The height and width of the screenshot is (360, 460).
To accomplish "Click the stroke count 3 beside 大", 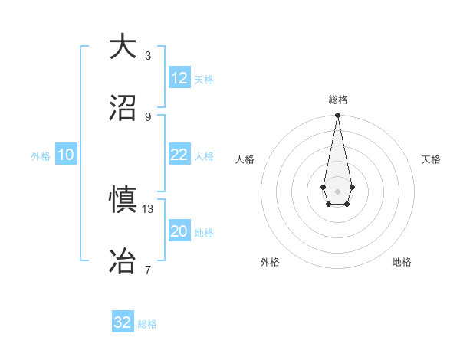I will [x=148, y=56].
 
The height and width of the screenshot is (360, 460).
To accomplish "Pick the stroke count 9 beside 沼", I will [x=148, y=116].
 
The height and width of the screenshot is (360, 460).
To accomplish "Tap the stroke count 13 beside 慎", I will [x=148, y=208].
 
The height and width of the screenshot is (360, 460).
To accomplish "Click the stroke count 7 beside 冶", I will [x=148, y=270].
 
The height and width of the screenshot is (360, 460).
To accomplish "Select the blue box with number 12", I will [x=179, y=78].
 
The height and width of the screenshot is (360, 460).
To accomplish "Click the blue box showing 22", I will [x=179, y=155].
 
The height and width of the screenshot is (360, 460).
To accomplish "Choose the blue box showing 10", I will [x=66, y=155].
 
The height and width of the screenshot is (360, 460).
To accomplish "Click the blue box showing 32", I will [x=123, y=322].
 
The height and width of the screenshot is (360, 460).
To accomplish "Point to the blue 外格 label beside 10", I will [x=41, y=156].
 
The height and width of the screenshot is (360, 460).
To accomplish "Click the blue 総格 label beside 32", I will [x=148, y=324].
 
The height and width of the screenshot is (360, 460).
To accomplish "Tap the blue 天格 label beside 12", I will [x=204, y=80].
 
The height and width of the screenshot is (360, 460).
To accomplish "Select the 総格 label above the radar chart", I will [x=337, y=100].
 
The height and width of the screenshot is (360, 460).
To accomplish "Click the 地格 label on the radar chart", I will [x=402, y=262].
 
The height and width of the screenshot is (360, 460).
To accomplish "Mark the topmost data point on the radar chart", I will [x=337, y=116].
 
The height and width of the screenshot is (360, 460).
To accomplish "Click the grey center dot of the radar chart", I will [x=337, y=190].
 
